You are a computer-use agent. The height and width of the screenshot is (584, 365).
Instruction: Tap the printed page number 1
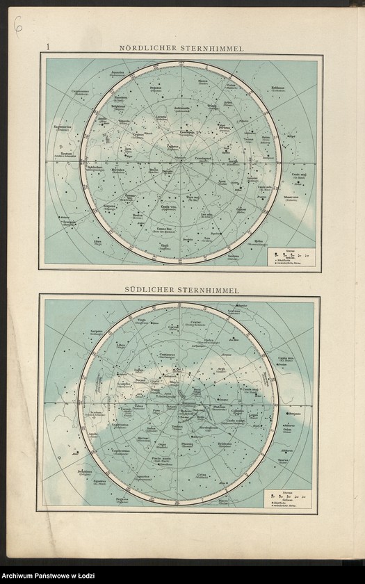[x=48, y=47]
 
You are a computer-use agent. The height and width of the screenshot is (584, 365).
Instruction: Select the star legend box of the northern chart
[x=291, y=257]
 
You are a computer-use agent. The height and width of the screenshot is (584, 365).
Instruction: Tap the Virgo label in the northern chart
[x=165, y=245]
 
